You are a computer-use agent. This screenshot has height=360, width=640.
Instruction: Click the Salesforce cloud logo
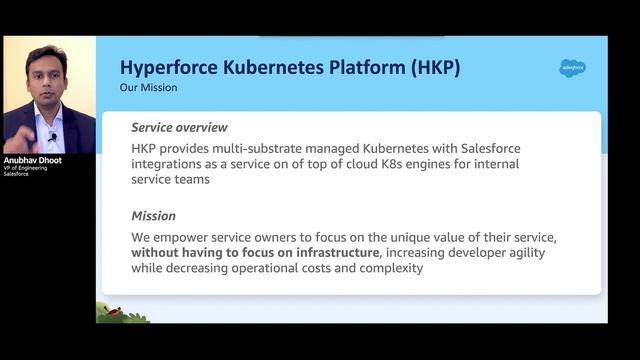tap(572, 68)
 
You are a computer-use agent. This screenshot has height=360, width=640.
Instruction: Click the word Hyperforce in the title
tap(167, 68)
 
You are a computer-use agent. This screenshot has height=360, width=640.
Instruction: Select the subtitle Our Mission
tap(148, 88)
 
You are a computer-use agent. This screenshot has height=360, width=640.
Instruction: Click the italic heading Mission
tap(153, 216)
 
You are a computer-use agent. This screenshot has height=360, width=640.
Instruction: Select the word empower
tap(182, 237)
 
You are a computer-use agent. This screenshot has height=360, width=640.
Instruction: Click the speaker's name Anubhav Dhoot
tap(34, 158)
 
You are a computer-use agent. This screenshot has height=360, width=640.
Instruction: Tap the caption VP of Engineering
tap(26, 167)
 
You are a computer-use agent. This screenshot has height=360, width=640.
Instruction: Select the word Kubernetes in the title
tap(284, 68)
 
